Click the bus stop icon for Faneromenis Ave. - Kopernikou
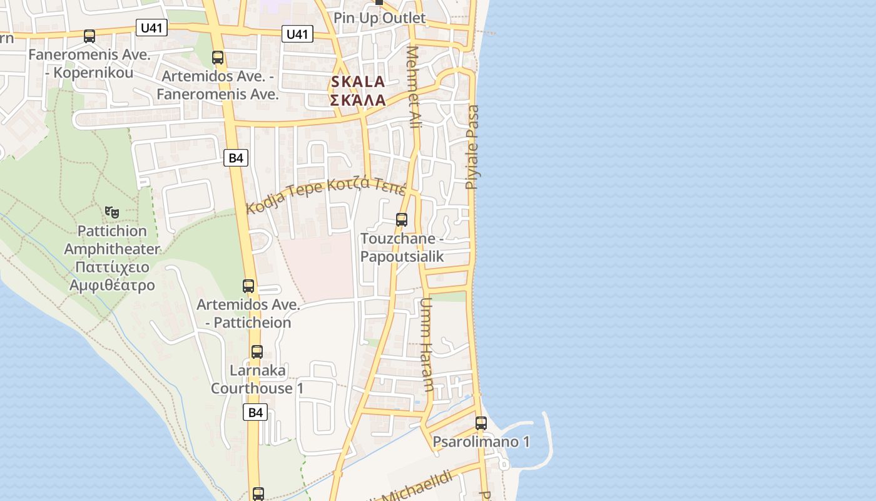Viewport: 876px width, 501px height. click(89, 36)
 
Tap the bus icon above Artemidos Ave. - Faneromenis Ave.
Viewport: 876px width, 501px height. click(218, 58)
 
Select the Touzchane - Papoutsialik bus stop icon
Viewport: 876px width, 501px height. click(402, 220)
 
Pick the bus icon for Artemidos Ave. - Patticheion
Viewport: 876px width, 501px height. click(248, 286)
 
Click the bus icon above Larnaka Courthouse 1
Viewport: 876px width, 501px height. click(257, 352)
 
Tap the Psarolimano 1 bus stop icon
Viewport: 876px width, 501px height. click(481, 423)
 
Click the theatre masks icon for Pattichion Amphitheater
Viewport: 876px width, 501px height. click(111, 213)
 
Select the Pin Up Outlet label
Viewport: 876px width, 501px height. click(379, 18)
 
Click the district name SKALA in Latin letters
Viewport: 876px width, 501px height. click(358, 82)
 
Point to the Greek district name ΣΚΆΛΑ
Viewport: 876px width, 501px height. click(358, 100)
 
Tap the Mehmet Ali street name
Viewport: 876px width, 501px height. click(414, 88)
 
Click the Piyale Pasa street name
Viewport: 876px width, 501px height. click(472, 147)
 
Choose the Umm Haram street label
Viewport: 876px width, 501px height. click(427, 344)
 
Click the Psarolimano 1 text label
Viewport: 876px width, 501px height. click(481, 442)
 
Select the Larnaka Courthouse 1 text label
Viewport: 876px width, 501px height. click(257, 379)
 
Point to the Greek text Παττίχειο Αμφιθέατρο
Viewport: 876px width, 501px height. click(112, 276)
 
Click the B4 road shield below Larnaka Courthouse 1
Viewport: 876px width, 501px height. click(255, 412)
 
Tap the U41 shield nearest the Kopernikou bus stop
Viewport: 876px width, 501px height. click(151, 28)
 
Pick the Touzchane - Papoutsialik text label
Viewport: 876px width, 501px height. click(402, 247)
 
